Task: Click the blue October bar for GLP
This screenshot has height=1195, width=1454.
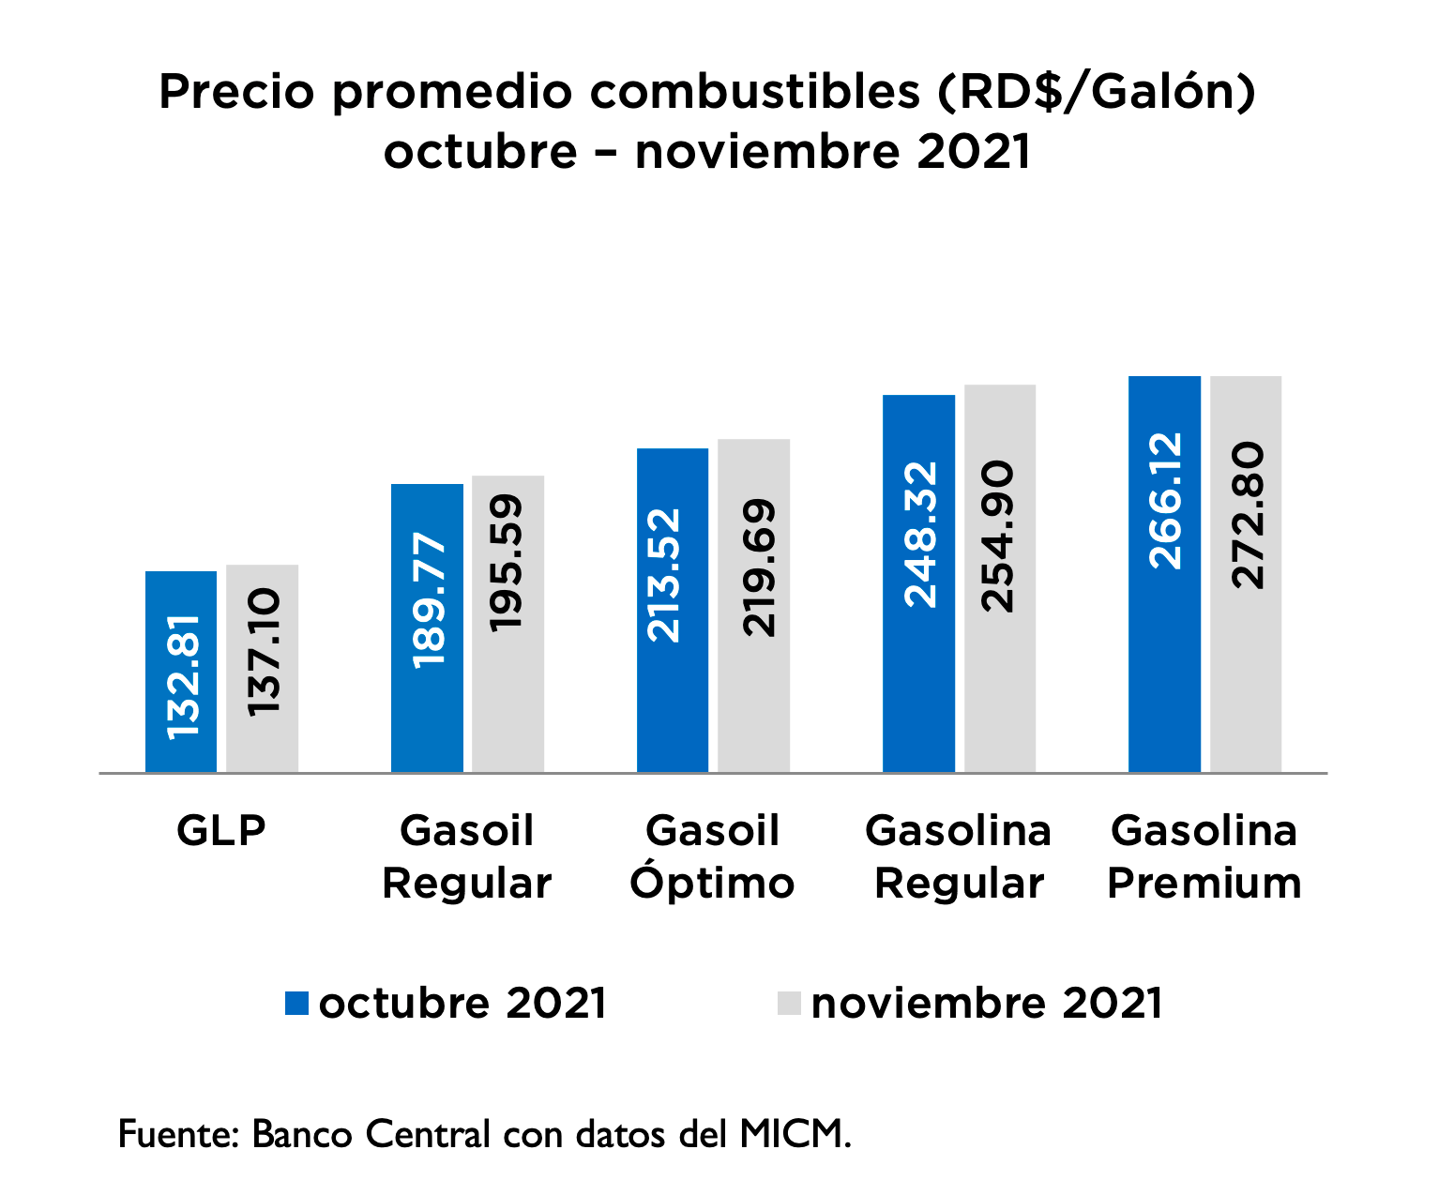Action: click(181, 672)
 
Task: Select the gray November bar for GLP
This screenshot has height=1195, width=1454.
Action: click(262, 669)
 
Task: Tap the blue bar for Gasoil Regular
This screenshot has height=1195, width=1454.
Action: click(427, 628)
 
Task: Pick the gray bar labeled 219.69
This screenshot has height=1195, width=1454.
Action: click(753, 606)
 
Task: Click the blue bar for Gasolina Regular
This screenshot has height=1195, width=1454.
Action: click(918, 583)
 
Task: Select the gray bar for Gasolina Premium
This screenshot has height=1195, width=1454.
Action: click(1246, 574)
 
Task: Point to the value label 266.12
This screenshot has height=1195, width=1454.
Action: click(1166, 501)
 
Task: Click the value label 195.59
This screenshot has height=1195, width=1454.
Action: click(507, 563)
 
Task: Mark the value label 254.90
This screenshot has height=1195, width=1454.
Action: click(998, 537)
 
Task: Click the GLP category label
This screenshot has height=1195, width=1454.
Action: click(221, 831)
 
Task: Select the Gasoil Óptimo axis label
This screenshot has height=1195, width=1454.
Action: click(712, 857)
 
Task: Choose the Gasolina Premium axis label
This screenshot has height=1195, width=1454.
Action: click(1204, 857)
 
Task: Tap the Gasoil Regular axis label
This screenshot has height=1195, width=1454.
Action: click(467, 857)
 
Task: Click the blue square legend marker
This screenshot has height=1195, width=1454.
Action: click(296, 1003)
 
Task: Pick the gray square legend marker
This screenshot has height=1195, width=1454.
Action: click(789, 1003)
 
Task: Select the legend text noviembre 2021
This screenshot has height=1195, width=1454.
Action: click(987, 1004)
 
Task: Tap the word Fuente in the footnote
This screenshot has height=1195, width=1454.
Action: click(177, 1134)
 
